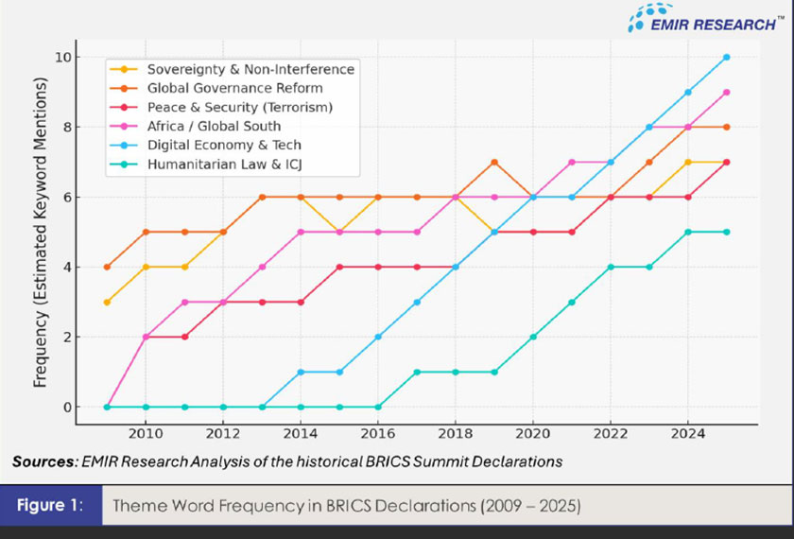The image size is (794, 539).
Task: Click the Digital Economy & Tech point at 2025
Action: coord(727,57)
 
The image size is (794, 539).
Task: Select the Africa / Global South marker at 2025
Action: coord(727,92)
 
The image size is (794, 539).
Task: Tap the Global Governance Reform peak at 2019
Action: coord(494,162)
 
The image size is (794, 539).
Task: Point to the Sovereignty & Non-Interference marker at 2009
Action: coord(107,302)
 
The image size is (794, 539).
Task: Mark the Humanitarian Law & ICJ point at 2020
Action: coord(533,337)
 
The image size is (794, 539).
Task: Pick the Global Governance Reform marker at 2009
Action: coord(107,267)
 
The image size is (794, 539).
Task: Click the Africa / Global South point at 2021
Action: coord(572,162)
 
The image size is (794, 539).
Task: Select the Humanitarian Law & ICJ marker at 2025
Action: coord(727,232)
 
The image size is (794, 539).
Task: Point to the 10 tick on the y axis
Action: coord(62,57)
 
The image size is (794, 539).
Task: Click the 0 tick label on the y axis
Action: coord(66,408)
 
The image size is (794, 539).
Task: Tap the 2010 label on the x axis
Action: coord(146,432)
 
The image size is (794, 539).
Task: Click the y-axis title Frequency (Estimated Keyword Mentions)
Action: coord(41,232)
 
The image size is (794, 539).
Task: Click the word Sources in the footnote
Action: coord(43,461)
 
